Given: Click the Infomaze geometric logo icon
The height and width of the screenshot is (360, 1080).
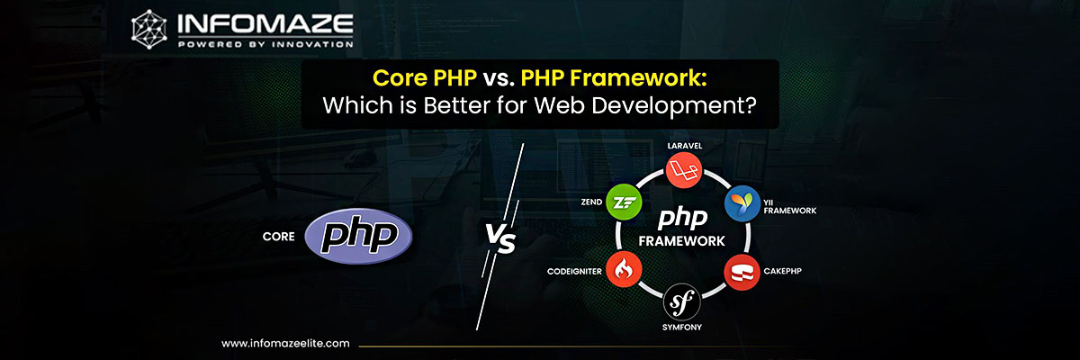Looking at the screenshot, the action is [149, 29].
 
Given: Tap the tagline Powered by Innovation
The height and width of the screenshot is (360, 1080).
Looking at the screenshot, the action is [265, 44].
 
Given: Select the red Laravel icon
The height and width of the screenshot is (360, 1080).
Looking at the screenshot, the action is [684, 170].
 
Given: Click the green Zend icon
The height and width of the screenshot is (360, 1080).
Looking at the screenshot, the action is [624, 202].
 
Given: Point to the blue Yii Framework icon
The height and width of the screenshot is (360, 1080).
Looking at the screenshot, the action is [742, 203].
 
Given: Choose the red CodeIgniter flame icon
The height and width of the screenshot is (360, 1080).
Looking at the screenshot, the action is [624, 269].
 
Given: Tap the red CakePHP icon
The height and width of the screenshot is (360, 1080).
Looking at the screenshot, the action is [742, 273].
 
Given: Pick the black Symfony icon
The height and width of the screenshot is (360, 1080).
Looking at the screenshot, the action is [681, 301].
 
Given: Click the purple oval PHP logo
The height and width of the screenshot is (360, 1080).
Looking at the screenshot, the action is [358, 236].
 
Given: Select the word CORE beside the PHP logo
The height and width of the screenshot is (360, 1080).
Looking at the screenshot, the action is [279, 237].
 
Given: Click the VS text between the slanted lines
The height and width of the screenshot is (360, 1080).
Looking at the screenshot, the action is [500, 238].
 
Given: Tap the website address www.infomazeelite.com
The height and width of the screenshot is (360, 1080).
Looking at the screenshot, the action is [285, 344].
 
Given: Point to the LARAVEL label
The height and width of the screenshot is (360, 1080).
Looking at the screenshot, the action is [685, 146].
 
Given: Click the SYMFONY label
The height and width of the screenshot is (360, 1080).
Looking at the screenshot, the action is [682, 328].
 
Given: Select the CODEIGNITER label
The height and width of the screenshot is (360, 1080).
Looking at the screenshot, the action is [574, 271].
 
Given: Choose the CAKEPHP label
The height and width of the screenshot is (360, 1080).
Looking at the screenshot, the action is [782, 271].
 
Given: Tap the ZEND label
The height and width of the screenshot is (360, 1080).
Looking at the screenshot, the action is [591, 202].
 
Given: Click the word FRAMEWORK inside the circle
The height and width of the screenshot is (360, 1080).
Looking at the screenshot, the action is [682, 241].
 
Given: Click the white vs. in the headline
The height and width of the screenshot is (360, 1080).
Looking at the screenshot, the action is [499, 79].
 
